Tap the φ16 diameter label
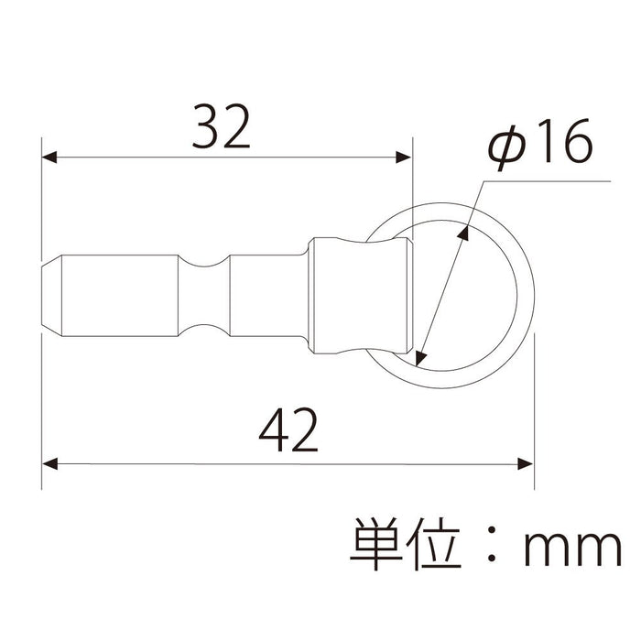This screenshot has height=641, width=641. (541, 144)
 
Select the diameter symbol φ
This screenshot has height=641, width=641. (505, 147)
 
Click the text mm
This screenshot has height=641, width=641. (571, 549)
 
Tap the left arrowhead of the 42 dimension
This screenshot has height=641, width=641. (50, 462)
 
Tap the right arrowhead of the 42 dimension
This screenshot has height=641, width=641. (526, 462)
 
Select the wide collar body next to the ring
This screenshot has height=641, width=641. (357, 295)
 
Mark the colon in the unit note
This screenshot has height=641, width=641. (494, 547)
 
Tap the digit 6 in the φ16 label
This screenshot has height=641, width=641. (573, 144)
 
